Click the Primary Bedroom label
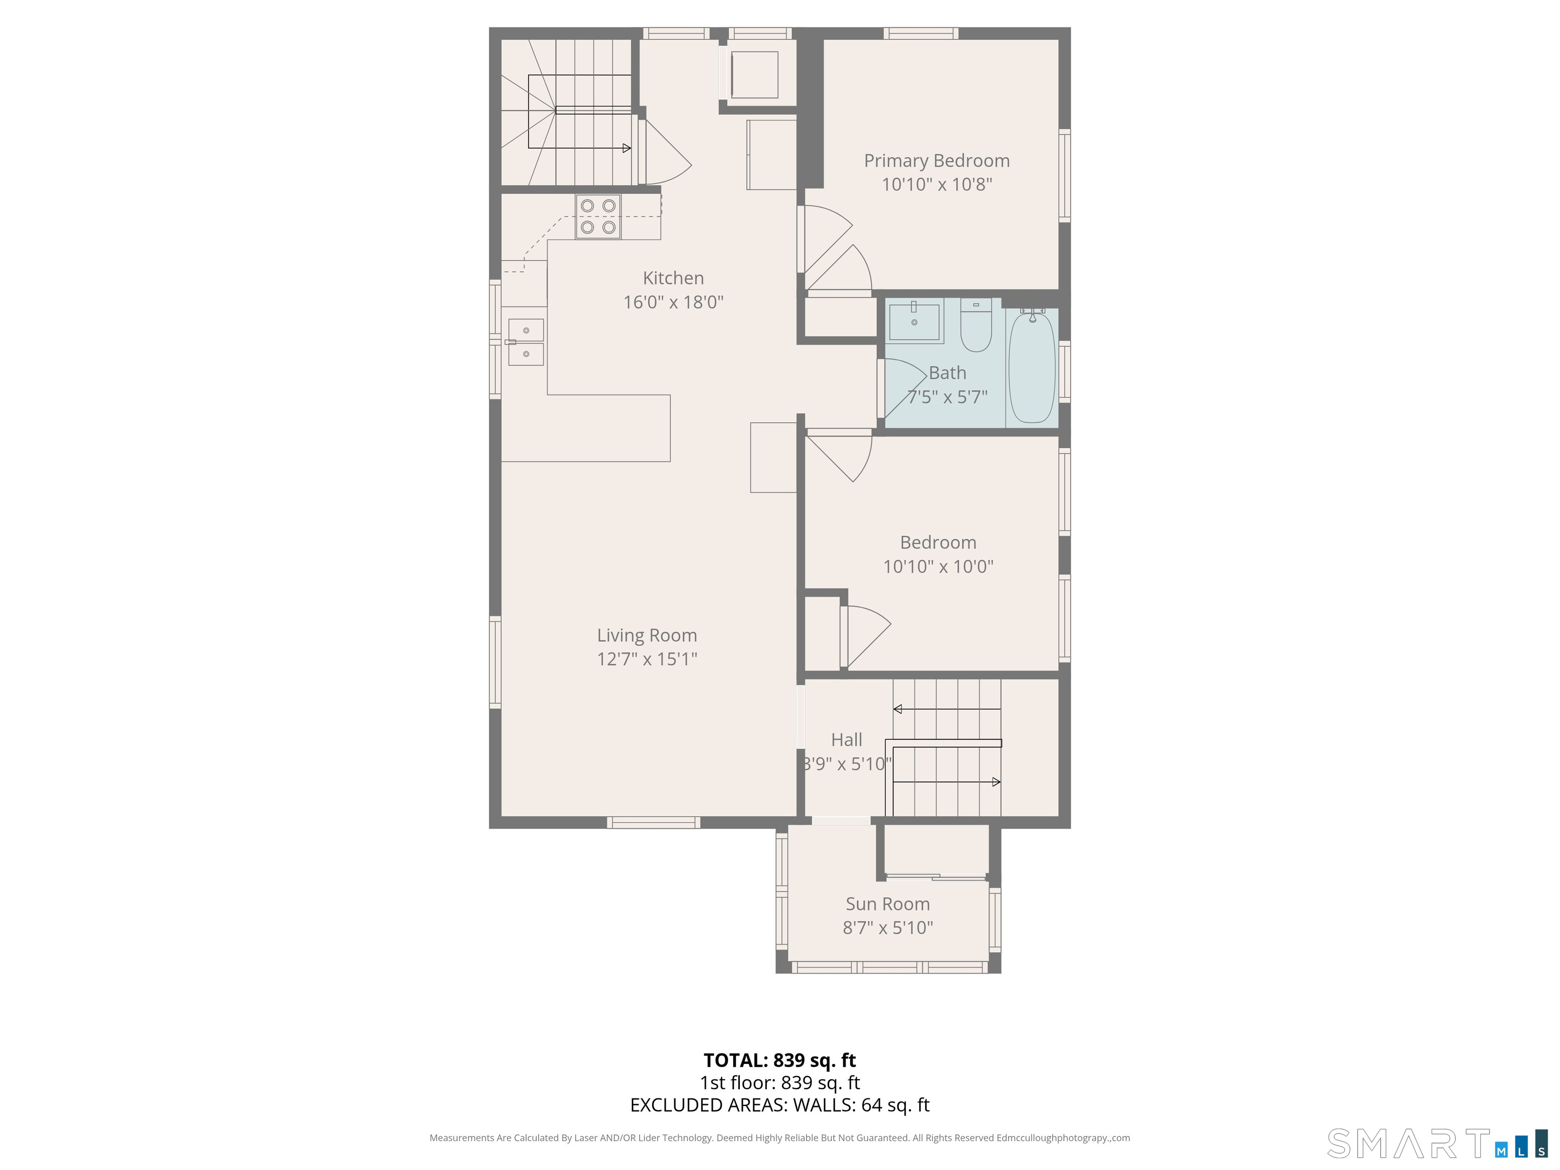[936, 161]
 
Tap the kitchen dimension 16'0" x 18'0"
[673, 302]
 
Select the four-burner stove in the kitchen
[597, 216]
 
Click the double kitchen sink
[526, 342]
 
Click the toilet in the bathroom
[976, 327]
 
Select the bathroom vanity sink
[914, 321]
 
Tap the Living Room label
[647, 635]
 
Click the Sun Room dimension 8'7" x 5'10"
[887, 927]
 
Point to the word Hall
[847, 740]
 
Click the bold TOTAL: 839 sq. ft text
[779, 1060]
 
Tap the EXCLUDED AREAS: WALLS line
[779, 1105]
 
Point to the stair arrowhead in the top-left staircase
[626, 148]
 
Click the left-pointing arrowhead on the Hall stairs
[898, 709]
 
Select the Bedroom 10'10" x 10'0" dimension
[938, 566]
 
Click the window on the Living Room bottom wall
[653, 822]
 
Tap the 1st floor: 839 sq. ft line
[779, 1083]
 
